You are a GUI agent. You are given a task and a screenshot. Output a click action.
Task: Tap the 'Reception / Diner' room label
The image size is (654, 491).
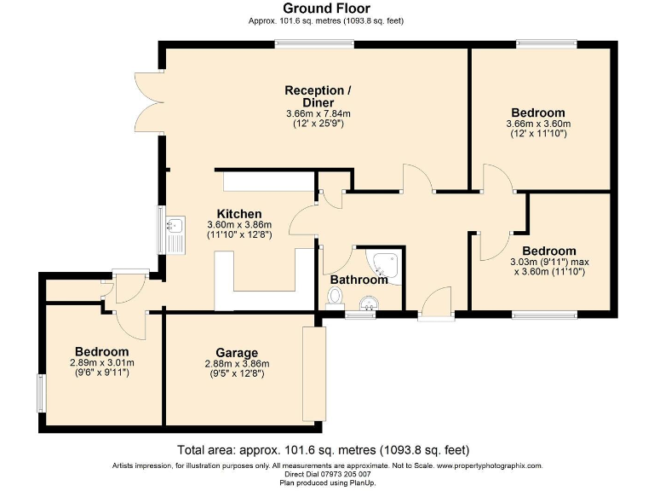pos(318,96)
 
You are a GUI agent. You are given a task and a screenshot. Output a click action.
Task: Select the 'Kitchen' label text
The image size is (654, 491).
pos(238,213)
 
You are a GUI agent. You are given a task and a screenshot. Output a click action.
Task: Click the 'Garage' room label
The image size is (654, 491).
pos(236,352)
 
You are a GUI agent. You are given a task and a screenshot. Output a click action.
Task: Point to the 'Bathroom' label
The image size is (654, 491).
pos(359,279)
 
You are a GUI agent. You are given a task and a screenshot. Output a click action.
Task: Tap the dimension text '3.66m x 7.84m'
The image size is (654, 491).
pos(318,113)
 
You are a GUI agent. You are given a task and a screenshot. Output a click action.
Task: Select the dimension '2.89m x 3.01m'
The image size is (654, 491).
pos(101,363)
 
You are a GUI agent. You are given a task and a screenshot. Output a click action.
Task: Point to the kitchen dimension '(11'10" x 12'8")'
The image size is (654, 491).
pos(238,234)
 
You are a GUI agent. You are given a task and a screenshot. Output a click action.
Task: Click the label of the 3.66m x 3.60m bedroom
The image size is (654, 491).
pos(537,113)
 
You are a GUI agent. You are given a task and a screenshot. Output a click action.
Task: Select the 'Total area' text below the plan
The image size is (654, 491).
pos(323,450)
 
